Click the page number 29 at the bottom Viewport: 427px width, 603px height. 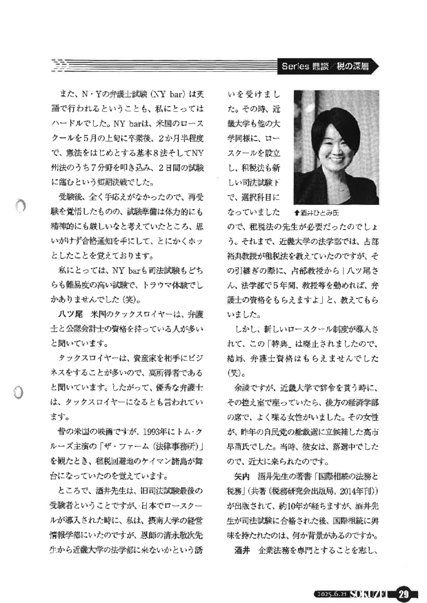[x=404, y=593]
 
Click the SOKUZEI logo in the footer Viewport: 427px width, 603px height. [x=370, y=594]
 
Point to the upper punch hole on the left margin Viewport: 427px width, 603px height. [x=19, y=207]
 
